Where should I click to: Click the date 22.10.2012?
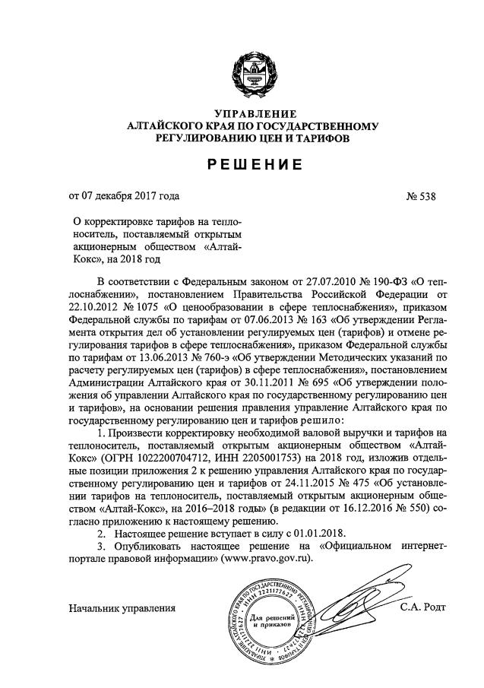[x=93, y=306]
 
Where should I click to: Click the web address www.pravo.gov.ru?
[x=262, y=558]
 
